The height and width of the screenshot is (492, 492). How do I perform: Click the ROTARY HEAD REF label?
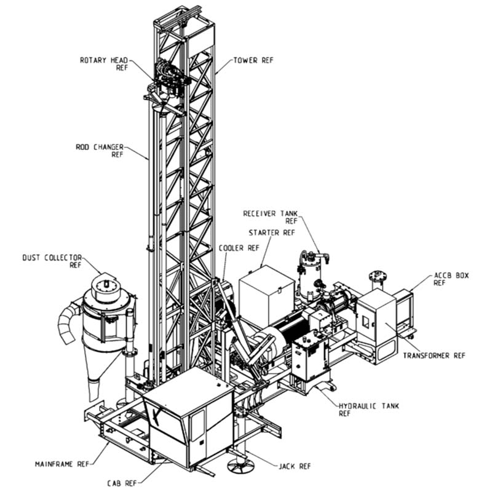tap(103, 63)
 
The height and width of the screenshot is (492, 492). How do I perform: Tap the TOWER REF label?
tap(253, 60)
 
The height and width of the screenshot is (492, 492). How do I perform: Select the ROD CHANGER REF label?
tap(100, 151)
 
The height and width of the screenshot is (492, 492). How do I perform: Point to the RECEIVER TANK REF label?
tap(270, 216)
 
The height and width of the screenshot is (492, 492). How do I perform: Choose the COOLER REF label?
tap(235, 249)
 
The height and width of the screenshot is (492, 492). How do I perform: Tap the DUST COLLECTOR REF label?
tap(52, 261)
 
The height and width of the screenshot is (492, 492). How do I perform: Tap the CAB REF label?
tap(125, 483)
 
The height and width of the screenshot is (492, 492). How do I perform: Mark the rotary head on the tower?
tap(167, 80)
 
